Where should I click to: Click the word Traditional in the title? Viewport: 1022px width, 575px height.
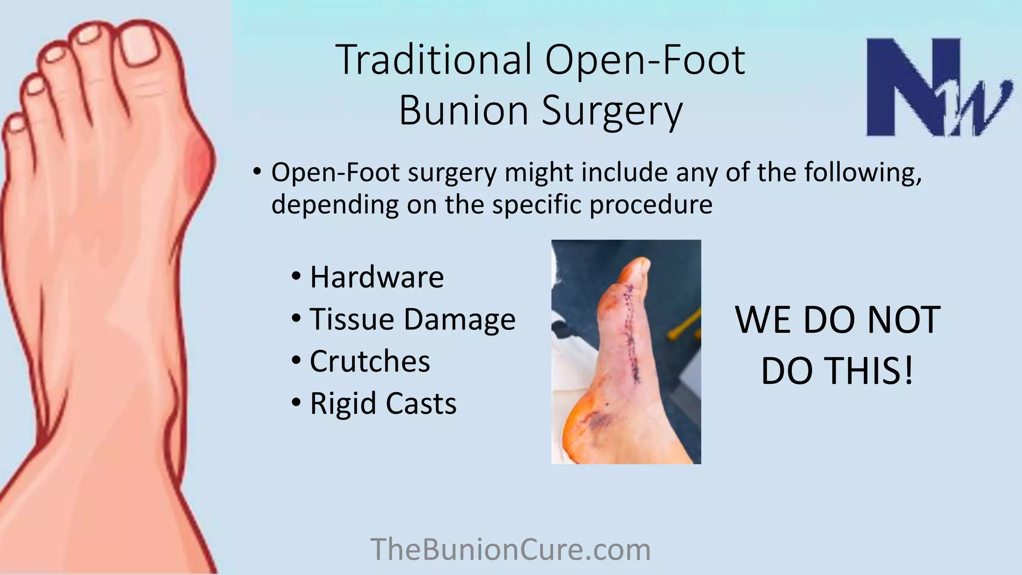pyautogui.click(x=434, y=60)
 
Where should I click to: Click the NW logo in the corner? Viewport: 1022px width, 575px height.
pyautogui.click(x=939, y=87)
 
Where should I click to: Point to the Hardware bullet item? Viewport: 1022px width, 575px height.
pyautogui.click(x=377, y=277)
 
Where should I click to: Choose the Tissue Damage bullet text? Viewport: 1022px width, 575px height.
pyautogui.click(x=413, y=320)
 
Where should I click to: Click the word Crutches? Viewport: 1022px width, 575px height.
pyautogui.click(x=370, y=361)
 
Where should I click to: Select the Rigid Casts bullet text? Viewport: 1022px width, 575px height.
pyautogui.click(x=383, y=403)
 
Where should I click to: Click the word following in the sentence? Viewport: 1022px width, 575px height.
pyautogui.click(x=863, y=173)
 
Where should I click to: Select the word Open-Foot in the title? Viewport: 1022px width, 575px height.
pyautogui.click(x=645, y=60)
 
